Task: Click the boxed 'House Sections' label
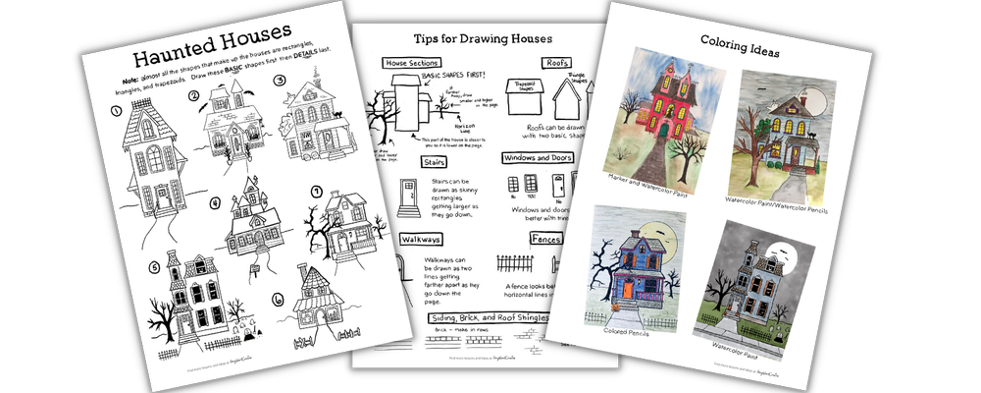tap(413, 62)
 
